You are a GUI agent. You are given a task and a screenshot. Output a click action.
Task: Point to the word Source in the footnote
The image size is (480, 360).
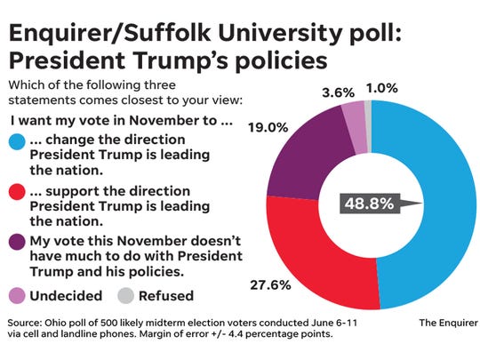coord(27,322)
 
